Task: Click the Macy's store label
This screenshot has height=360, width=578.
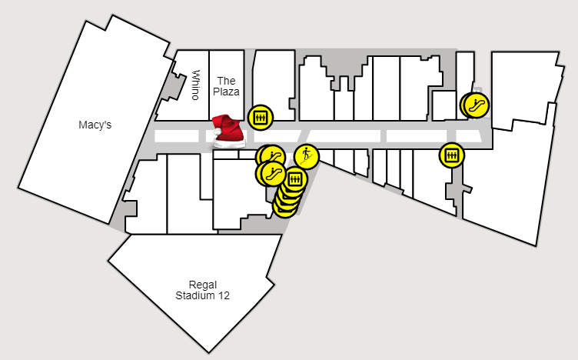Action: [x=95, y=124]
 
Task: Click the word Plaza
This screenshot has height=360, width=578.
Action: [x=226, y=92]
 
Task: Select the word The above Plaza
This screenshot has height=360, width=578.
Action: [x=226, y=80]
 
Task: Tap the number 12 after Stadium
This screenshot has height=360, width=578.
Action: [x=223, y=295]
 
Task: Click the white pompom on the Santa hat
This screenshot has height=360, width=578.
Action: [x=218, y=132]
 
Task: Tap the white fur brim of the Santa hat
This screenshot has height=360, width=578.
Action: [x=229, y=144]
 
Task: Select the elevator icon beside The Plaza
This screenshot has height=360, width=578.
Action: [x=260, y=117]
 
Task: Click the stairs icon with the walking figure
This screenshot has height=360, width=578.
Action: [x=306, y=157]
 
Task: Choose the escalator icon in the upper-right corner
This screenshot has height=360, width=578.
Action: [x=475, y=104]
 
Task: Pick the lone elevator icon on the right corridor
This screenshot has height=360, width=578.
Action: [x=451, y=155]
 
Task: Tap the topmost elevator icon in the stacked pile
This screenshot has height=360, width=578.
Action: [x=294, y=181]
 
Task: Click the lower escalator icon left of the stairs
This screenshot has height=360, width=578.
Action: [x=271, y=173]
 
